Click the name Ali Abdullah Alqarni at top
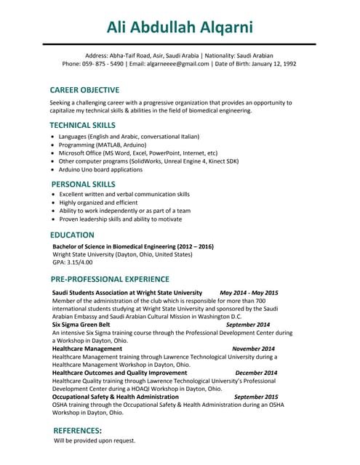coord(180,28)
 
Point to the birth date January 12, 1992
coord(270,64)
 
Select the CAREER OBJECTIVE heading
coord(84,90)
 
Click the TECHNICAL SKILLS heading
coord(82,125)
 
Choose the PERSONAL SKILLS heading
coord(84,184)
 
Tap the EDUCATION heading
coord(72,235)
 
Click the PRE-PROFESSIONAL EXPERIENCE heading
coord(110,279)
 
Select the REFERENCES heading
coord(78,430)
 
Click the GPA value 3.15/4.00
coord(76,263)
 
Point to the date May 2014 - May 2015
coord(249,293)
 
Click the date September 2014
coord(248,325)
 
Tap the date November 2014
coord(253,349)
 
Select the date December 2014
coord(256,373)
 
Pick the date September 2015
coord(256,397)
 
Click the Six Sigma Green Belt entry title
coord(81,325)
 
